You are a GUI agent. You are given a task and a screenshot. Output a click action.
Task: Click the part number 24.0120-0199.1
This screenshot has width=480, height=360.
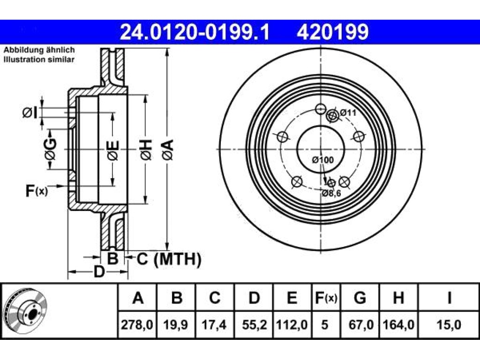[x=195, y=32]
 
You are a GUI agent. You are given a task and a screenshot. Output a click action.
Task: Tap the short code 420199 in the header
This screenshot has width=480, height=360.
[x=332, y=32]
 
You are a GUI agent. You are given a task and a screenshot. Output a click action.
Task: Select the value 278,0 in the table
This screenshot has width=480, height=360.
[x=137, y=324]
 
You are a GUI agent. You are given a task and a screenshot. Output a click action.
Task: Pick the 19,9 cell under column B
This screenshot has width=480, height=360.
[x=175, y=324]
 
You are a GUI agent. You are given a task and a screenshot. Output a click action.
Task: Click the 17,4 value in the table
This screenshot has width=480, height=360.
[x=214, y=324]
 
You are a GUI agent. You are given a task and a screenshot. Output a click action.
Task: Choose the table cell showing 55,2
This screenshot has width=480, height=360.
[x=254, y=324]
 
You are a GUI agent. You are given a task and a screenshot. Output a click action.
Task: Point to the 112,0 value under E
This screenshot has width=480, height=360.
[x=292, y=324]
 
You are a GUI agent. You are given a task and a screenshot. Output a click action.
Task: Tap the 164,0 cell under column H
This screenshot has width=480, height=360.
[x=398, y=324]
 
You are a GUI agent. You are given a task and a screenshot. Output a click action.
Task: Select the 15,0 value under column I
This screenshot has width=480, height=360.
[x=449, y=324]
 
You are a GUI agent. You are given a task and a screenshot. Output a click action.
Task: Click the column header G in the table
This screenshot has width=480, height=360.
[x=360, y=298]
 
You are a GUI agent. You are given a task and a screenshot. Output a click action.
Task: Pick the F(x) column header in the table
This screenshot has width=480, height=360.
[x=326, y=298]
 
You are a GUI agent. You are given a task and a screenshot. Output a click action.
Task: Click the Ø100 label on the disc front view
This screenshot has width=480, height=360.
[x=323, y=160]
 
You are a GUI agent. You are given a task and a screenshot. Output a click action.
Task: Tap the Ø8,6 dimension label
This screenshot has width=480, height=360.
[x=331, y=193]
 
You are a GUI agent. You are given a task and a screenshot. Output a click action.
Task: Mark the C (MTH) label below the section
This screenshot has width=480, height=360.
[x=169, y=259]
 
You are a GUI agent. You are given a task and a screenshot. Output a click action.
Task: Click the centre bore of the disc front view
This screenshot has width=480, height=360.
[x=321, y=149]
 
